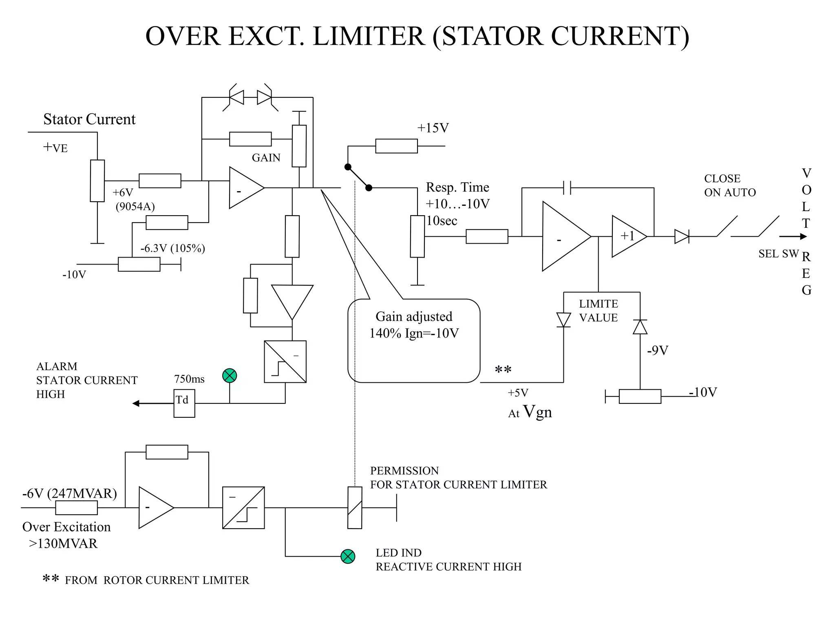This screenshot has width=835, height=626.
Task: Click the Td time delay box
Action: click(184, 403)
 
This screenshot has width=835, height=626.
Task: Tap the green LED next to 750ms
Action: click(230, 375)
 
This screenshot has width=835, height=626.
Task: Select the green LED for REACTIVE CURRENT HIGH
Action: click(348, 556)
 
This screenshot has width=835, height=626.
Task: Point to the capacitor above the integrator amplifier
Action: click(567, 187)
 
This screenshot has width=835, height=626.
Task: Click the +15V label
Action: click(433, 128)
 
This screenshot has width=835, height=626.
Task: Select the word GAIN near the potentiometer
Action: click(266, 158)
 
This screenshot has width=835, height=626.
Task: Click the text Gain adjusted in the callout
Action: click(414, 316)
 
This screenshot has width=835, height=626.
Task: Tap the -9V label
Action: click(657, 350)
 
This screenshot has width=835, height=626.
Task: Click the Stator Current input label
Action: click(89, 119)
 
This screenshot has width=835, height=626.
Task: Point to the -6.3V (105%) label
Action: click(172, 248)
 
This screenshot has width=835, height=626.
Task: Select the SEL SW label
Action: click(778, 253)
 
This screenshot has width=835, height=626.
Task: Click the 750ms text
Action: click(189, 379)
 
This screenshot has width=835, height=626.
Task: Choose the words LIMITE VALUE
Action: click(598, 311)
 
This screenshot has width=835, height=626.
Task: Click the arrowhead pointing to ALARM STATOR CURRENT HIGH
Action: click(136, 403)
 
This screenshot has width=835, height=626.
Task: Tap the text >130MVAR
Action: click(63, 543)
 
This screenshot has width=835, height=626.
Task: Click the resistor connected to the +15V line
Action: click(396, 146)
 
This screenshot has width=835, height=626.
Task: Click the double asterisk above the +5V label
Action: click(503, 370)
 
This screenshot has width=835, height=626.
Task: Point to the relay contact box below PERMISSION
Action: click(355, 507)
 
